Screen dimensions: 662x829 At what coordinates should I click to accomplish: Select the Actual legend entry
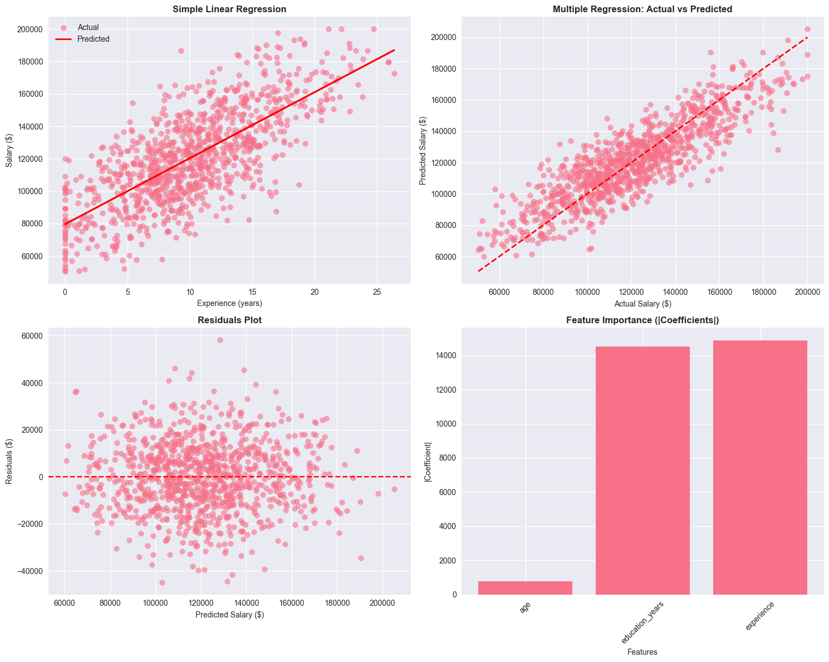click(x=88, y=27)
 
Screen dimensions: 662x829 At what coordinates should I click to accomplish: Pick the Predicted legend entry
click(x=94, y=39)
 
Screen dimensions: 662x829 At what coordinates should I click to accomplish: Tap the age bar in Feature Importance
click(x=525, y=587)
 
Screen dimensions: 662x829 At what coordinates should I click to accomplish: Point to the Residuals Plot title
click(x=229, y=320)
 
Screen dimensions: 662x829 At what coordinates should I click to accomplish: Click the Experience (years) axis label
click(x=229, y=303)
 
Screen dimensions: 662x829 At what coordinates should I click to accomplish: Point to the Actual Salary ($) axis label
click(x=642, y=303)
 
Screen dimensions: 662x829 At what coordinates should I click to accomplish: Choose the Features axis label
click(x=642, y=652)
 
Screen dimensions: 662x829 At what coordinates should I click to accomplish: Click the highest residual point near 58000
click(x=220, y=340)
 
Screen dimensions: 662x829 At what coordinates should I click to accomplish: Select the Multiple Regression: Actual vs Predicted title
click(x=642, y=9)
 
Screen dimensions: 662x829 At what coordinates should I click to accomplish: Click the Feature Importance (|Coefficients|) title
click(x=642, y=320)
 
